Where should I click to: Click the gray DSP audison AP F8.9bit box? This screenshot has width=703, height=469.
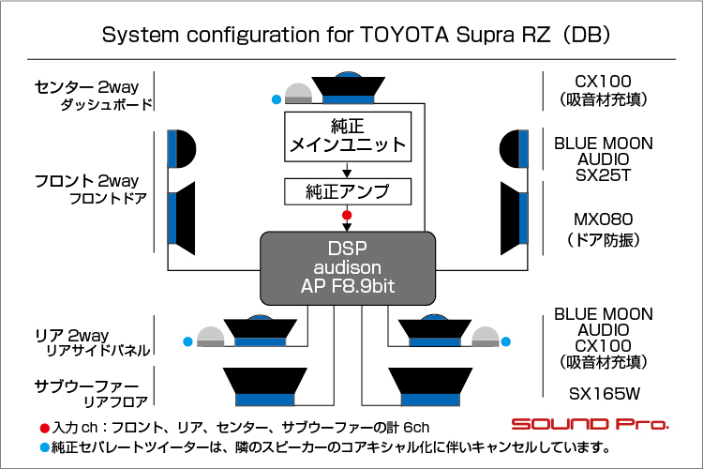[x=347, y=269]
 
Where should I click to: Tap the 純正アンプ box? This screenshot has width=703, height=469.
[x=348, y=192]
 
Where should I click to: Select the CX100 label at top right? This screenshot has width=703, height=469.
[x=603, y=81]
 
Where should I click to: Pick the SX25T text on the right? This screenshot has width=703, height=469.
[x=603, y=174]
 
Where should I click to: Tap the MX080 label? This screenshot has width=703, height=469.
[x=603, y=219]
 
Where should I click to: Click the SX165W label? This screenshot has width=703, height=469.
[x=603, y=393]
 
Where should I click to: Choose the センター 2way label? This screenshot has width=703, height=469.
[x=86, y=87]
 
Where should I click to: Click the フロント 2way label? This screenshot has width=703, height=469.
[x=86, y=180]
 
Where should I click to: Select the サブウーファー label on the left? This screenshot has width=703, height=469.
[x=86, y=386]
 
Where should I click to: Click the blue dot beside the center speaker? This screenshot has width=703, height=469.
[x=276, y=98]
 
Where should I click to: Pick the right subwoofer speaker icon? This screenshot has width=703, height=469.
[x=429, y=386]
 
